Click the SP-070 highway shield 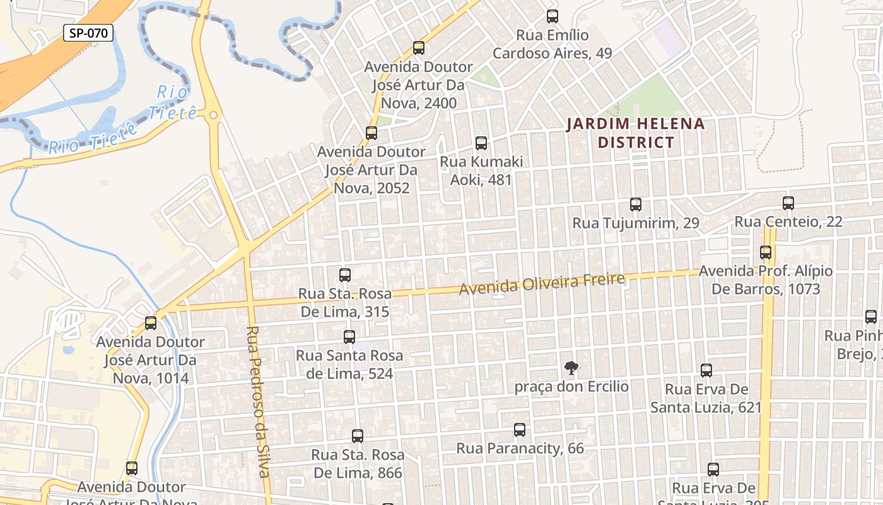pyautogui.click(x=88, y=33)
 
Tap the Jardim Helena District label pyautogui.click(x=636, y=133)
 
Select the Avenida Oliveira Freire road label pyautogui.click(x=542, y=283)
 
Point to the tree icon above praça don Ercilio pyautogui.click(x=571, y=367)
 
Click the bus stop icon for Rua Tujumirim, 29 pyautogui.click(x=636, y=205)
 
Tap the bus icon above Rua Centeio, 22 pyautogui.click(x=788, y=203)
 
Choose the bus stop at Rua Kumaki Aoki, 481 pyautogui.click(x=481, y=143)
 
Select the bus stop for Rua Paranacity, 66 pyautogui.click(x=520, y=430)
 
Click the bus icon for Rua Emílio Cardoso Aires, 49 pyautogui.click(x=553, y=16)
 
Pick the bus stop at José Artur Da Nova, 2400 pyautogui.click(x=419, y=48)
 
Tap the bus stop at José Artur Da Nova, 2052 pyautogui.click(x=371, y=133)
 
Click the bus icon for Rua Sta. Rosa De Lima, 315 pyautogui.click(x=345, y=275)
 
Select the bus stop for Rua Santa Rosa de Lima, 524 pyautogui.click(x=349, y=337)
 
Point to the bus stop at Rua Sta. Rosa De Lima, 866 pyautogui.click(x=358, y=436)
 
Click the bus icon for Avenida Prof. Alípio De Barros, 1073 pyautogui.click(x=766, y=252)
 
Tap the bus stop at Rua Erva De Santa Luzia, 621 pyautogui.click(x=706, y=371)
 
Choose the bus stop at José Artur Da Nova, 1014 pyautogui.click(x=151, y=323)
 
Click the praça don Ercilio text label pyautogui.click(x=571, y=386)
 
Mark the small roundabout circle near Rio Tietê pyautogui.click(x=213, y=116)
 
